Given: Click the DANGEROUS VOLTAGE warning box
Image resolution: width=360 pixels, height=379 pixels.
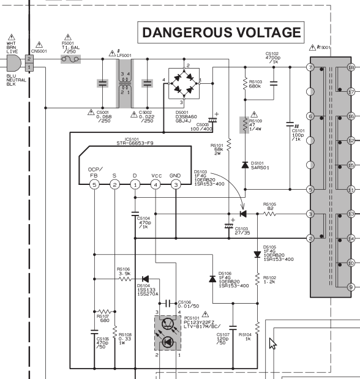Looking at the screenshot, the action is tap(221, 32).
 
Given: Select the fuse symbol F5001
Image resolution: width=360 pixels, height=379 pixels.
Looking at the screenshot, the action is tap(70, 59).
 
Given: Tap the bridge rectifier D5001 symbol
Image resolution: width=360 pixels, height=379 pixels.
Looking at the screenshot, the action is tap(184, 83).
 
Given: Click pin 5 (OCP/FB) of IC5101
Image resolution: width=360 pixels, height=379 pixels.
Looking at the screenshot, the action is tap(94, 185).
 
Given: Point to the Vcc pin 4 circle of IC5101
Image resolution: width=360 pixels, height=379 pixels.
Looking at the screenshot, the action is tap(156, 185).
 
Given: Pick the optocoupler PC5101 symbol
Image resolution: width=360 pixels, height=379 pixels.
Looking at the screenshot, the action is tap(168, 333).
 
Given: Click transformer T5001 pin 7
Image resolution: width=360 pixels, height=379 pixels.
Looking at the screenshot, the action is tap(310, 67).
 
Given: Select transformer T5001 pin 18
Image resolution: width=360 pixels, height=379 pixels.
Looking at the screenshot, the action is tap(351, 67).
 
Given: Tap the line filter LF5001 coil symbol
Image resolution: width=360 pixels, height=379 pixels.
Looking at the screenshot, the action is tap(125, 83).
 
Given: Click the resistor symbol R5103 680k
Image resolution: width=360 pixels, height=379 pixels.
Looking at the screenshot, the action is tap(245, 83).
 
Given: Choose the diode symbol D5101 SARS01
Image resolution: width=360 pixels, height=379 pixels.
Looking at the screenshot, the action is tap(245, 165).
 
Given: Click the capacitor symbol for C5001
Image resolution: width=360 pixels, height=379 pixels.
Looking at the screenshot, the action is tap(102, 83).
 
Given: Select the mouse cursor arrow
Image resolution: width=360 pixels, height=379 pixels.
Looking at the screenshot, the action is tap(272, 343).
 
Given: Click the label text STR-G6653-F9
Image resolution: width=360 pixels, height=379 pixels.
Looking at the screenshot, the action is tap(135, 143).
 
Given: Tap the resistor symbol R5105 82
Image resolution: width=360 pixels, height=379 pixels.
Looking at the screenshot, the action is tap(269, 214).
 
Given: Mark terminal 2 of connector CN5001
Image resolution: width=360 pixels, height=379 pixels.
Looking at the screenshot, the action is tap(29, 59).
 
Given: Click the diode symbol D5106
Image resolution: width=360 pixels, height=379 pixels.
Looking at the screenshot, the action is tap(212, 279).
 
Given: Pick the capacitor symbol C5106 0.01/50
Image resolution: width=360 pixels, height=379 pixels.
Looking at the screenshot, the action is tap(168, 303).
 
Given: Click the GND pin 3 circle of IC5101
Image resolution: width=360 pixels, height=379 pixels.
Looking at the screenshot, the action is tap(176, 185).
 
